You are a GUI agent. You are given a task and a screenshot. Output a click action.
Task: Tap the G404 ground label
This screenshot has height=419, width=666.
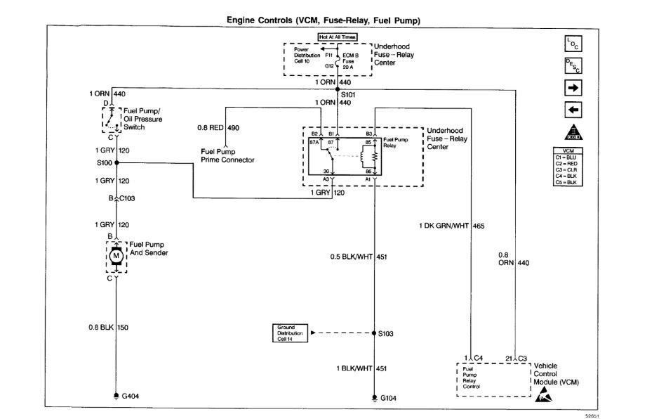131,397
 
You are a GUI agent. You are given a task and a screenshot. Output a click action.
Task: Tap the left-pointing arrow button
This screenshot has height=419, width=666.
572,110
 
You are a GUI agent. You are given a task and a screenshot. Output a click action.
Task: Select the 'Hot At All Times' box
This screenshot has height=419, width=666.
338,36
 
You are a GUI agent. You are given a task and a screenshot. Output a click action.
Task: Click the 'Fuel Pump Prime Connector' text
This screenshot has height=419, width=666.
225,155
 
